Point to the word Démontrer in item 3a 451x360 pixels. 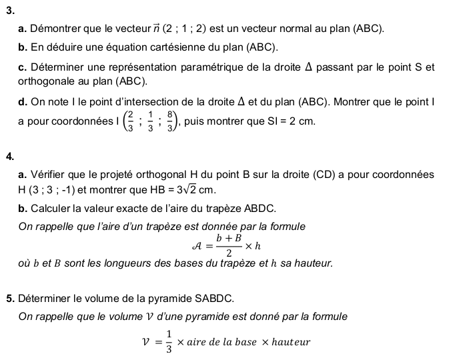point(55,29)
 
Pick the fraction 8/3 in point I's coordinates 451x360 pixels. point(172,123)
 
